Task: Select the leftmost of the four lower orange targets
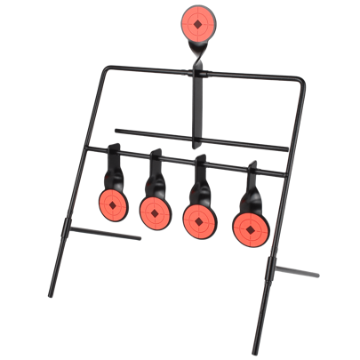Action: (111, 204)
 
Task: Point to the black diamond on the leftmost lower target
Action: (111, 204)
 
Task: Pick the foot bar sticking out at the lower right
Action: (298, 272)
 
